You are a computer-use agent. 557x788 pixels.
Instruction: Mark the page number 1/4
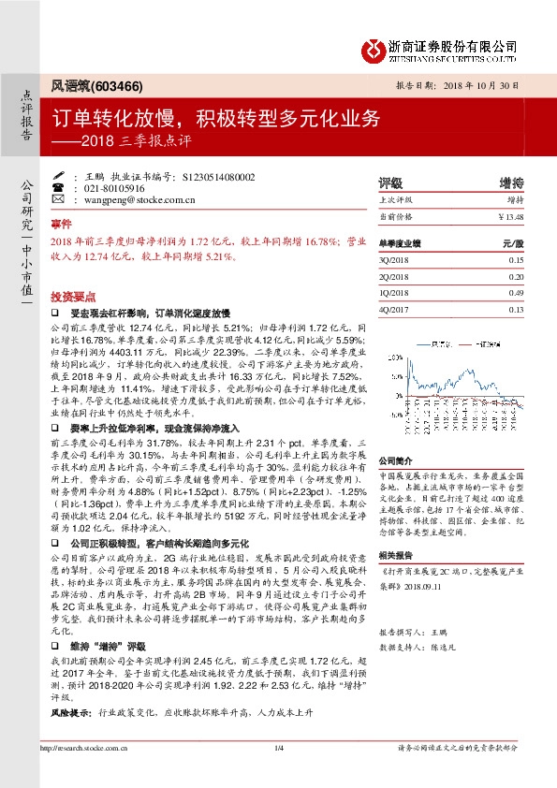278,773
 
